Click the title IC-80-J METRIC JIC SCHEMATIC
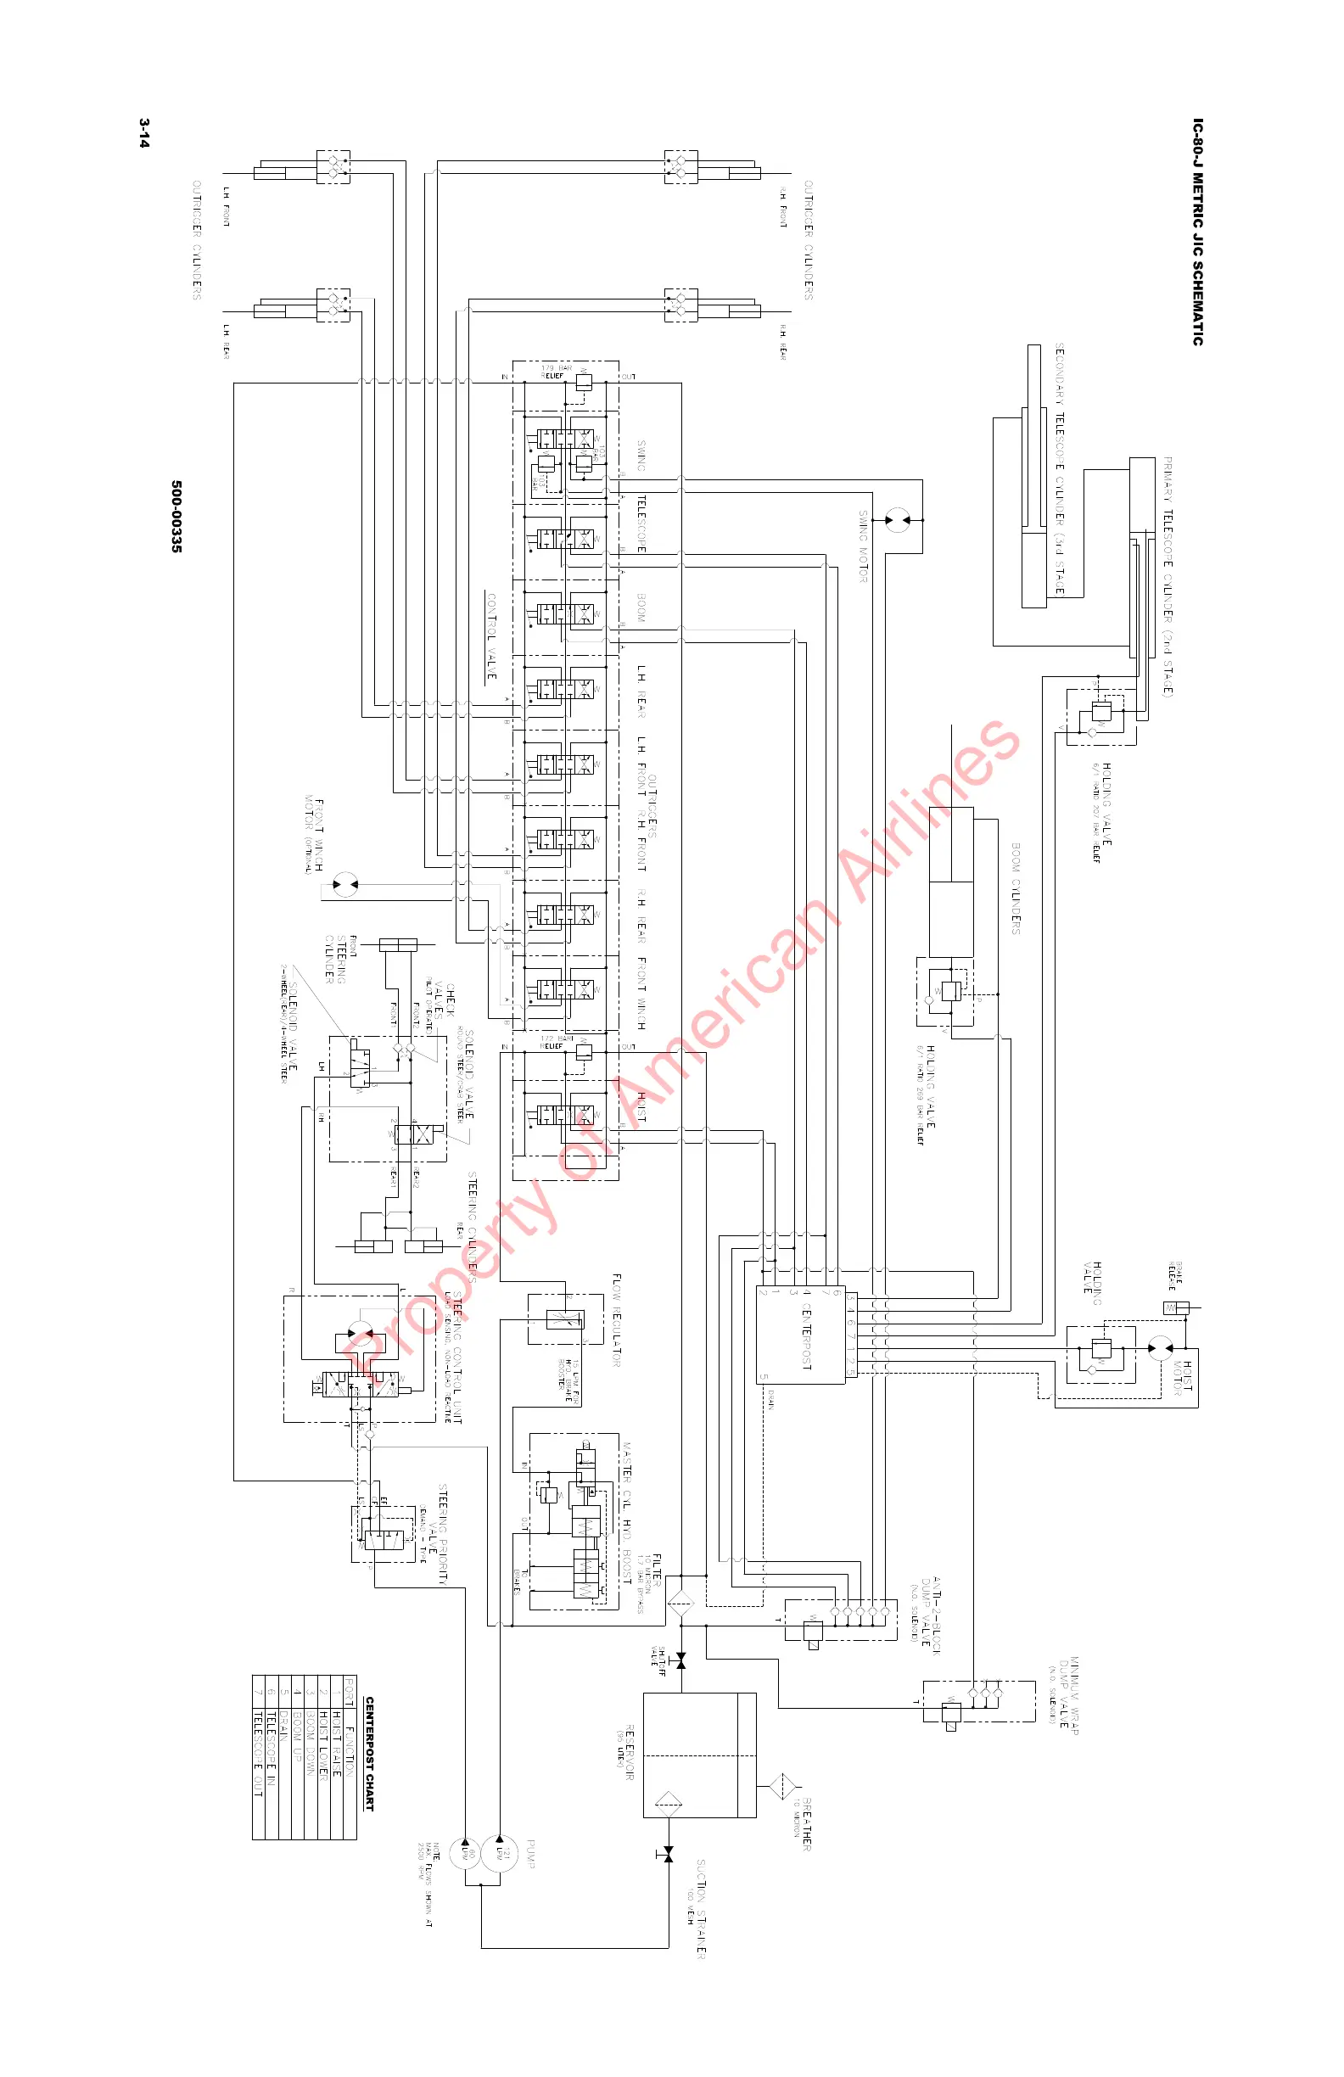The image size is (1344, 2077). tap(1197, 232)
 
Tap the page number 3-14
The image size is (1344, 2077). tap(144, 133)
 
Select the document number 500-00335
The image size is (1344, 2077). tap(176, 516)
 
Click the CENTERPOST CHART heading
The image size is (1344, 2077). tap(369, 1754)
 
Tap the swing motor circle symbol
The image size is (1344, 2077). tap(896, 520)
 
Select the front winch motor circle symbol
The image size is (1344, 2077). tap(345, 885)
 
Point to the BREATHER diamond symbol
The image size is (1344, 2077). tap(783, 1788)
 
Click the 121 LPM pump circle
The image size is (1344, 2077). tap(500, 1850)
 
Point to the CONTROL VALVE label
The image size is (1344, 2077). tap(491, 637)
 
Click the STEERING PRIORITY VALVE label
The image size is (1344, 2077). tap(442, 1534)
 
